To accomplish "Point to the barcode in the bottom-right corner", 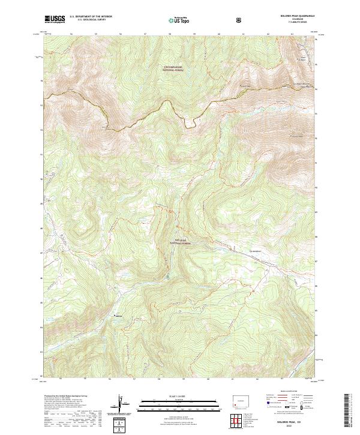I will point(347,411).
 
